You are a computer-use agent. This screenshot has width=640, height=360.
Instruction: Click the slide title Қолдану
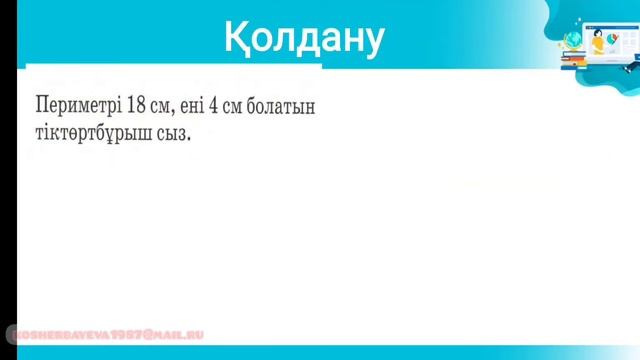303,38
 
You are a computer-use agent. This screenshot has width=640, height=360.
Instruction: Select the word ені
193,105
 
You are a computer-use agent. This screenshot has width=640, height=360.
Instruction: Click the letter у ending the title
372,40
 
